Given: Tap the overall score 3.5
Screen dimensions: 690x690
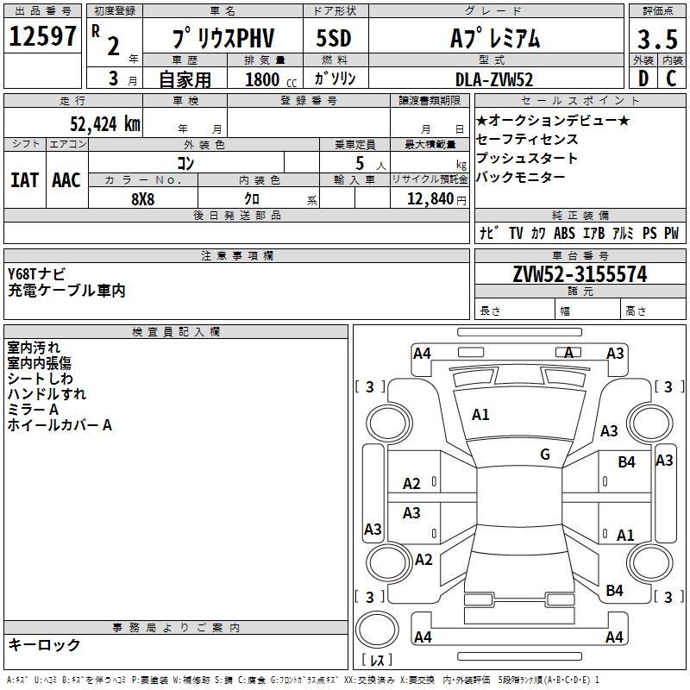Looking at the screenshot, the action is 655,39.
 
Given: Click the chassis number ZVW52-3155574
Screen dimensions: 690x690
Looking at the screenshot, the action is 580,274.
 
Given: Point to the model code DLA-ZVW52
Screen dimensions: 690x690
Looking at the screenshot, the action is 494,79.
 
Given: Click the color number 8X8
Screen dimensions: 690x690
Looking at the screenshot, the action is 143,198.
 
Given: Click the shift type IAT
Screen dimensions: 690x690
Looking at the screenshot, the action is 24,179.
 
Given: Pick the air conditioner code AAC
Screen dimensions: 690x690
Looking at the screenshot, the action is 66,179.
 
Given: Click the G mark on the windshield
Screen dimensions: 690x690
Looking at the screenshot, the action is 545,455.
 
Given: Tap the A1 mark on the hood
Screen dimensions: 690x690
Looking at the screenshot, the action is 480,415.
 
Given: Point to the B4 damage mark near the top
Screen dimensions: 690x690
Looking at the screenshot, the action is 626,462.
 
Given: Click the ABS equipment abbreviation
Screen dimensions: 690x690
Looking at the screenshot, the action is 564,233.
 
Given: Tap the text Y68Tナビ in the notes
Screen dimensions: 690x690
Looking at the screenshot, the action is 36,274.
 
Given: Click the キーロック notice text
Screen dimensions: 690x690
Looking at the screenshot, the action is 44,644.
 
